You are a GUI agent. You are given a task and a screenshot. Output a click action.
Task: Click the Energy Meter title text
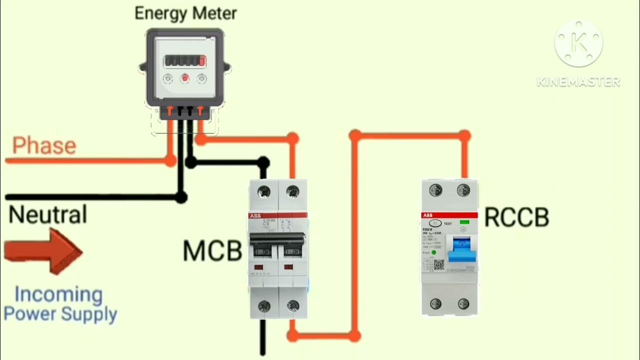(185, 13)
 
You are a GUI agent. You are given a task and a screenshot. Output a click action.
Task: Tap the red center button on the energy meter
(185, 78)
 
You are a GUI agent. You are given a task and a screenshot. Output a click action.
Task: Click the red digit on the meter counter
(202, 61)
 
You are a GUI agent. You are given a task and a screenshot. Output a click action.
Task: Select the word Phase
(44, 146)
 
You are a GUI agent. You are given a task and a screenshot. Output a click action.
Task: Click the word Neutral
(48, 214)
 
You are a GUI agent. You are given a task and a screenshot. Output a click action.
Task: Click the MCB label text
(212, 250)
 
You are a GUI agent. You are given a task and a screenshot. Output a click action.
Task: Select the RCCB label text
(516, 218)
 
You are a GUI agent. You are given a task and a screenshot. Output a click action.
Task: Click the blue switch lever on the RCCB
(461, 249)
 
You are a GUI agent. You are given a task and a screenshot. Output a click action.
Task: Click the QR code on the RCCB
(438, 264)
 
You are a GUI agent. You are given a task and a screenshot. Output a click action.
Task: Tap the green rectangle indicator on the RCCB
(464, 222)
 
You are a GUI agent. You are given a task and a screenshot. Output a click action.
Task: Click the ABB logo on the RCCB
(428, 215)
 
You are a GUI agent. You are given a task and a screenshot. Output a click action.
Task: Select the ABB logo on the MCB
(255, 215)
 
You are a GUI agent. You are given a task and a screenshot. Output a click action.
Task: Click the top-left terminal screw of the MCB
(263, 191)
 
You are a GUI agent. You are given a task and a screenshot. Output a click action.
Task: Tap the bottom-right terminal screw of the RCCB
(463, 303)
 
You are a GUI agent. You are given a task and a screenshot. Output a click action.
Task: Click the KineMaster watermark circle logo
(578, 44)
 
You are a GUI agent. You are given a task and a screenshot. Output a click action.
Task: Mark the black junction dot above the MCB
(263, 162)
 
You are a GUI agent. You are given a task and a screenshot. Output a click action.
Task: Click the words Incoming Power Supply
(60, 304)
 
